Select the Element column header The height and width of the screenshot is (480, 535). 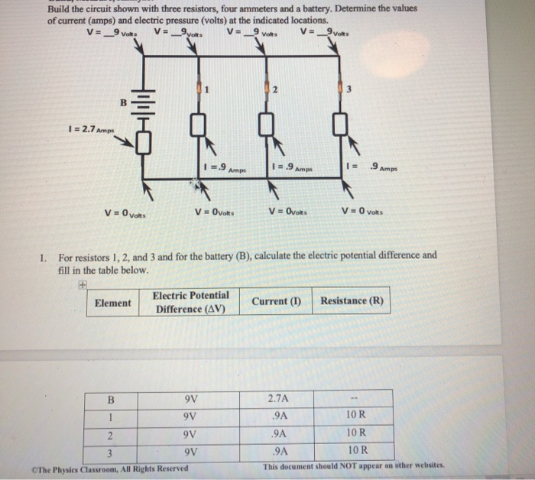(112, 303)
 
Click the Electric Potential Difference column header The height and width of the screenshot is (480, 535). (190, 302)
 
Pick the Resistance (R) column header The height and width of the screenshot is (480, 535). (352, 301)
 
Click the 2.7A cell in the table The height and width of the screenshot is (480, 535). (278, 398)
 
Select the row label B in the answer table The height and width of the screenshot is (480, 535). (112, 399)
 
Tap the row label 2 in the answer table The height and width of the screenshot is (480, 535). (112, 436)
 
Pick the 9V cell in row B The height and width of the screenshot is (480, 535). (191, 399)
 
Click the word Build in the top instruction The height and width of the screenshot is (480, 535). (60, 9)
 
